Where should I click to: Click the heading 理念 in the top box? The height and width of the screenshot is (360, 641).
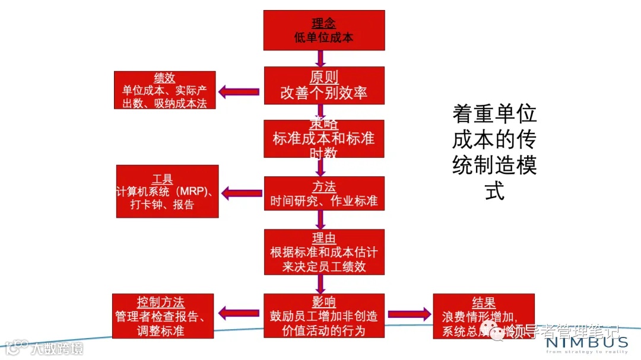[x=324, y=24]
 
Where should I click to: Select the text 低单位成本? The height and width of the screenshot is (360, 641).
[x=324, y=38]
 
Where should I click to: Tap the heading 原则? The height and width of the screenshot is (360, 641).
[x=324, y=78]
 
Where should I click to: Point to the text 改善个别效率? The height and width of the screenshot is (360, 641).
[x=324, y=93]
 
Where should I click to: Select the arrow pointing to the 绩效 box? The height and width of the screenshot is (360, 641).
[x=239, y=91]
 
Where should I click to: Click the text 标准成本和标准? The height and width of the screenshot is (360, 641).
[x=324, y=138]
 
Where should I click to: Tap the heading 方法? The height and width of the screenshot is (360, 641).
[x=324, y=185]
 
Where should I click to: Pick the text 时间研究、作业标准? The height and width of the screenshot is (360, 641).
[x=324, y=200]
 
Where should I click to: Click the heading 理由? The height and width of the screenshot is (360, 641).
[x=324, y=238]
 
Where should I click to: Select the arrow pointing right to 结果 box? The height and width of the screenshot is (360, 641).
[x=409, y=315]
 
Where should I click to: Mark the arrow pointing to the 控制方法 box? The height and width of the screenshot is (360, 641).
[x=239, y=313]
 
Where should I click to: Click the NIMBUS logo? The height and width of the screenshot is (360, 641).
[x=586, y=343]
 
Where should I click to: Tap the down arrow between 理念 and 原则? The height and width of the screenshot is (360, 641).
[x=320, y=58]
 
